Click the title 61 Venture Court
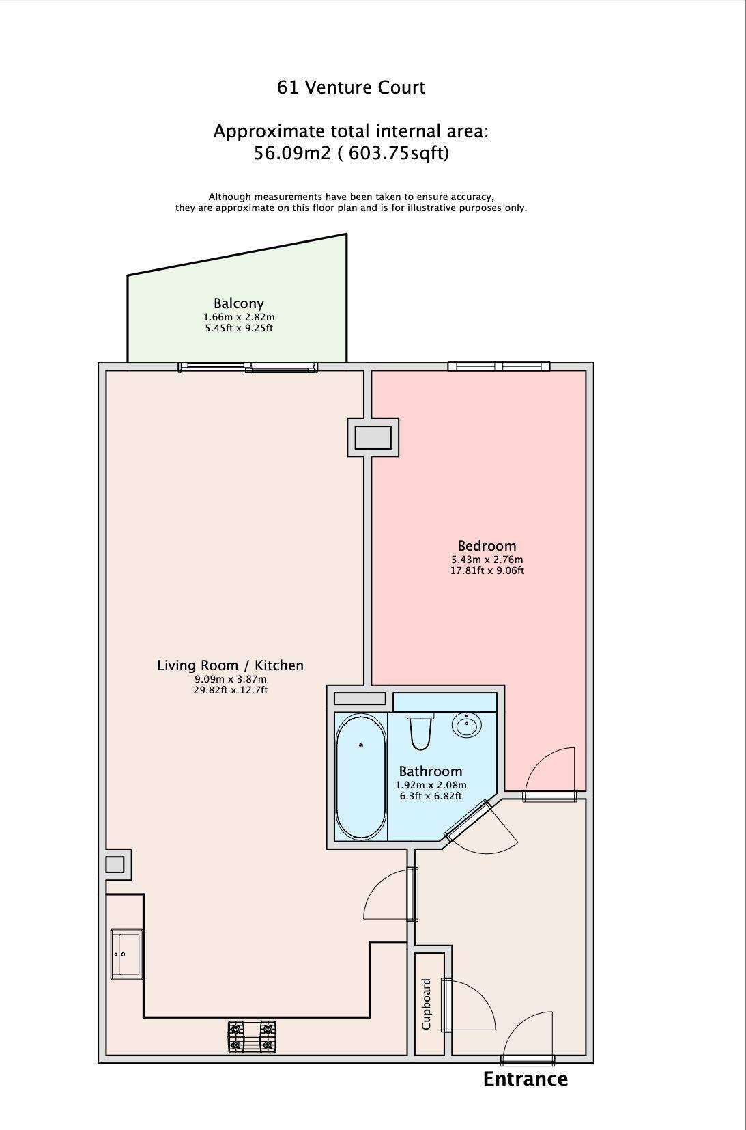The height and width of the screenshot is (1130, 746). point(351,87)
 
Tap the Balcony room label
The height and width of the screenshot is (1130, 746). point(238,303)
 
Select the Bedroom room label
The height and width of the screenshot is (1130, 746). point(487,546)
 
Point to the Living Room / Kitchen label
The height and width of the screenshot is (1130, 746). point(230,665)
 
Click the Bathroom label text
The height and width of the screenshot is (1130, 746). point(431,771)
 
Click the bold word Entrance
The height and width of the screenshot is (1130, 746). point(525,1079)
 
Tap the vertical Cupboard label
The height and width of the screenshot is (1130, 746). point(427,1004)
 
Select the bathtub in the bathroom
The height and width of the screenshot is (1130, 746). point(360,777)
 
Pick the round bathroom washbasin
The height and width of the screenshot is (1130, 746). point(468,726)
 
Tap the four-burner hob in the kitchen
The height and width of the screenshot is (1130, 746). point(252,1036)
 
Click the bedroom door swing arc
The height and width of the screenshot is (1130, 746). point(548,768)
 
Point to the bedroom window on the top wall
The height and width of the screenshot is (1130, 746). point(498,367)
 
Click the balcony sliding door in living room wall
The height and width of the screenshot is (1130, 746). point(248,368)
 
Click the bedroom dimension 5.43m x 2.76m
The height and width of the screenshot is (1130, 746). point(487,560)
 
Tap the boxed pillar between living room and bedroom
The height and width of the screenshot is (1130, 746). point(373,437)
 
